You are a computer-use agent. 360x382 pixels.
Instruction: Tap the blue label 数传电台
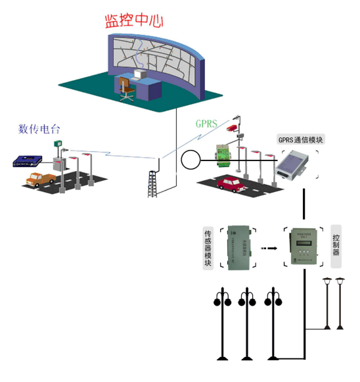pyautogui.click(x=41, y=128)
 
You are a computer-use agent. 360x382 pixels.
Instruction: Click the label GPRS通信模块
pyautogui.click(x=301, y=140)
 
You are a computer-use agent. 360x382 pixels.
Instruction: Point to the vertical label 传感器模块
pyautogui.click(x=208, y=248)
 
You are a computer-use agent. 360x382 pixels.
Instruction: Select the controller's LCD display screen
pyautogui.click(x=304, y=241)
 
